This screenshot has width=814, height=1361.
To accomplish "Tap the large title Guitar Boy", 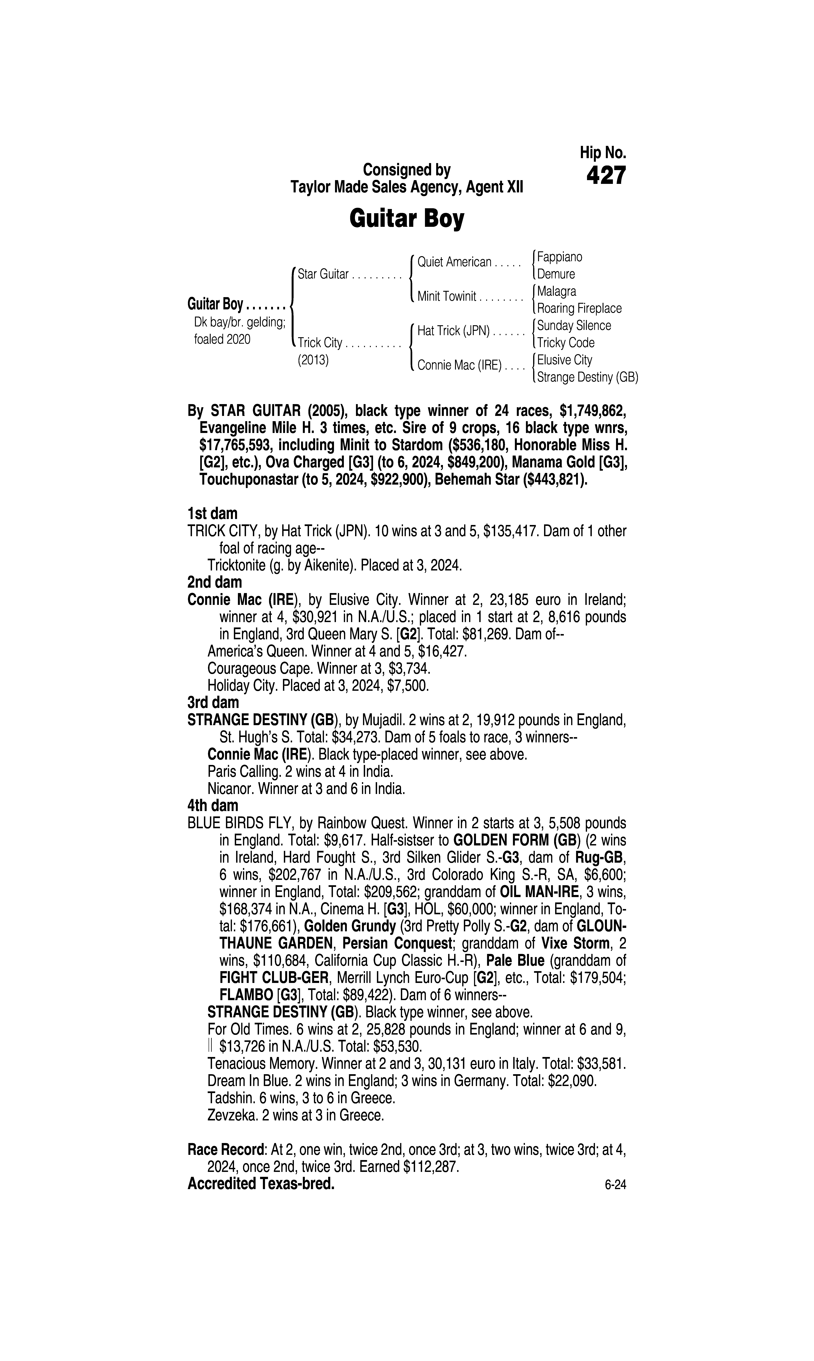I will (x=406, y=219).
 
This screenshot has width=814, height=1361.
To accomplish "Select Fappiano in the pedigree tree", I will (x=559, y=257).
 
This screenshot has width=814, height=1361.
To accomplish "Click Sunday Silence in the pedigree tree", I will (x=574, y=326).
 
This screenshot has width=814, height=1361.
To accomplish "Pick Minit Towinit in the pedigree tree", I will (x=447, y=297).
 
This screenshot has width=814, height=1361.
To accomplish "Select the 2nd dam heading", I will (x=214, y=582).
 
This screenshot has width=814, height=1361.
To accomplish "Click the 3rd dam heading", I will (x=213, y=702).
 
